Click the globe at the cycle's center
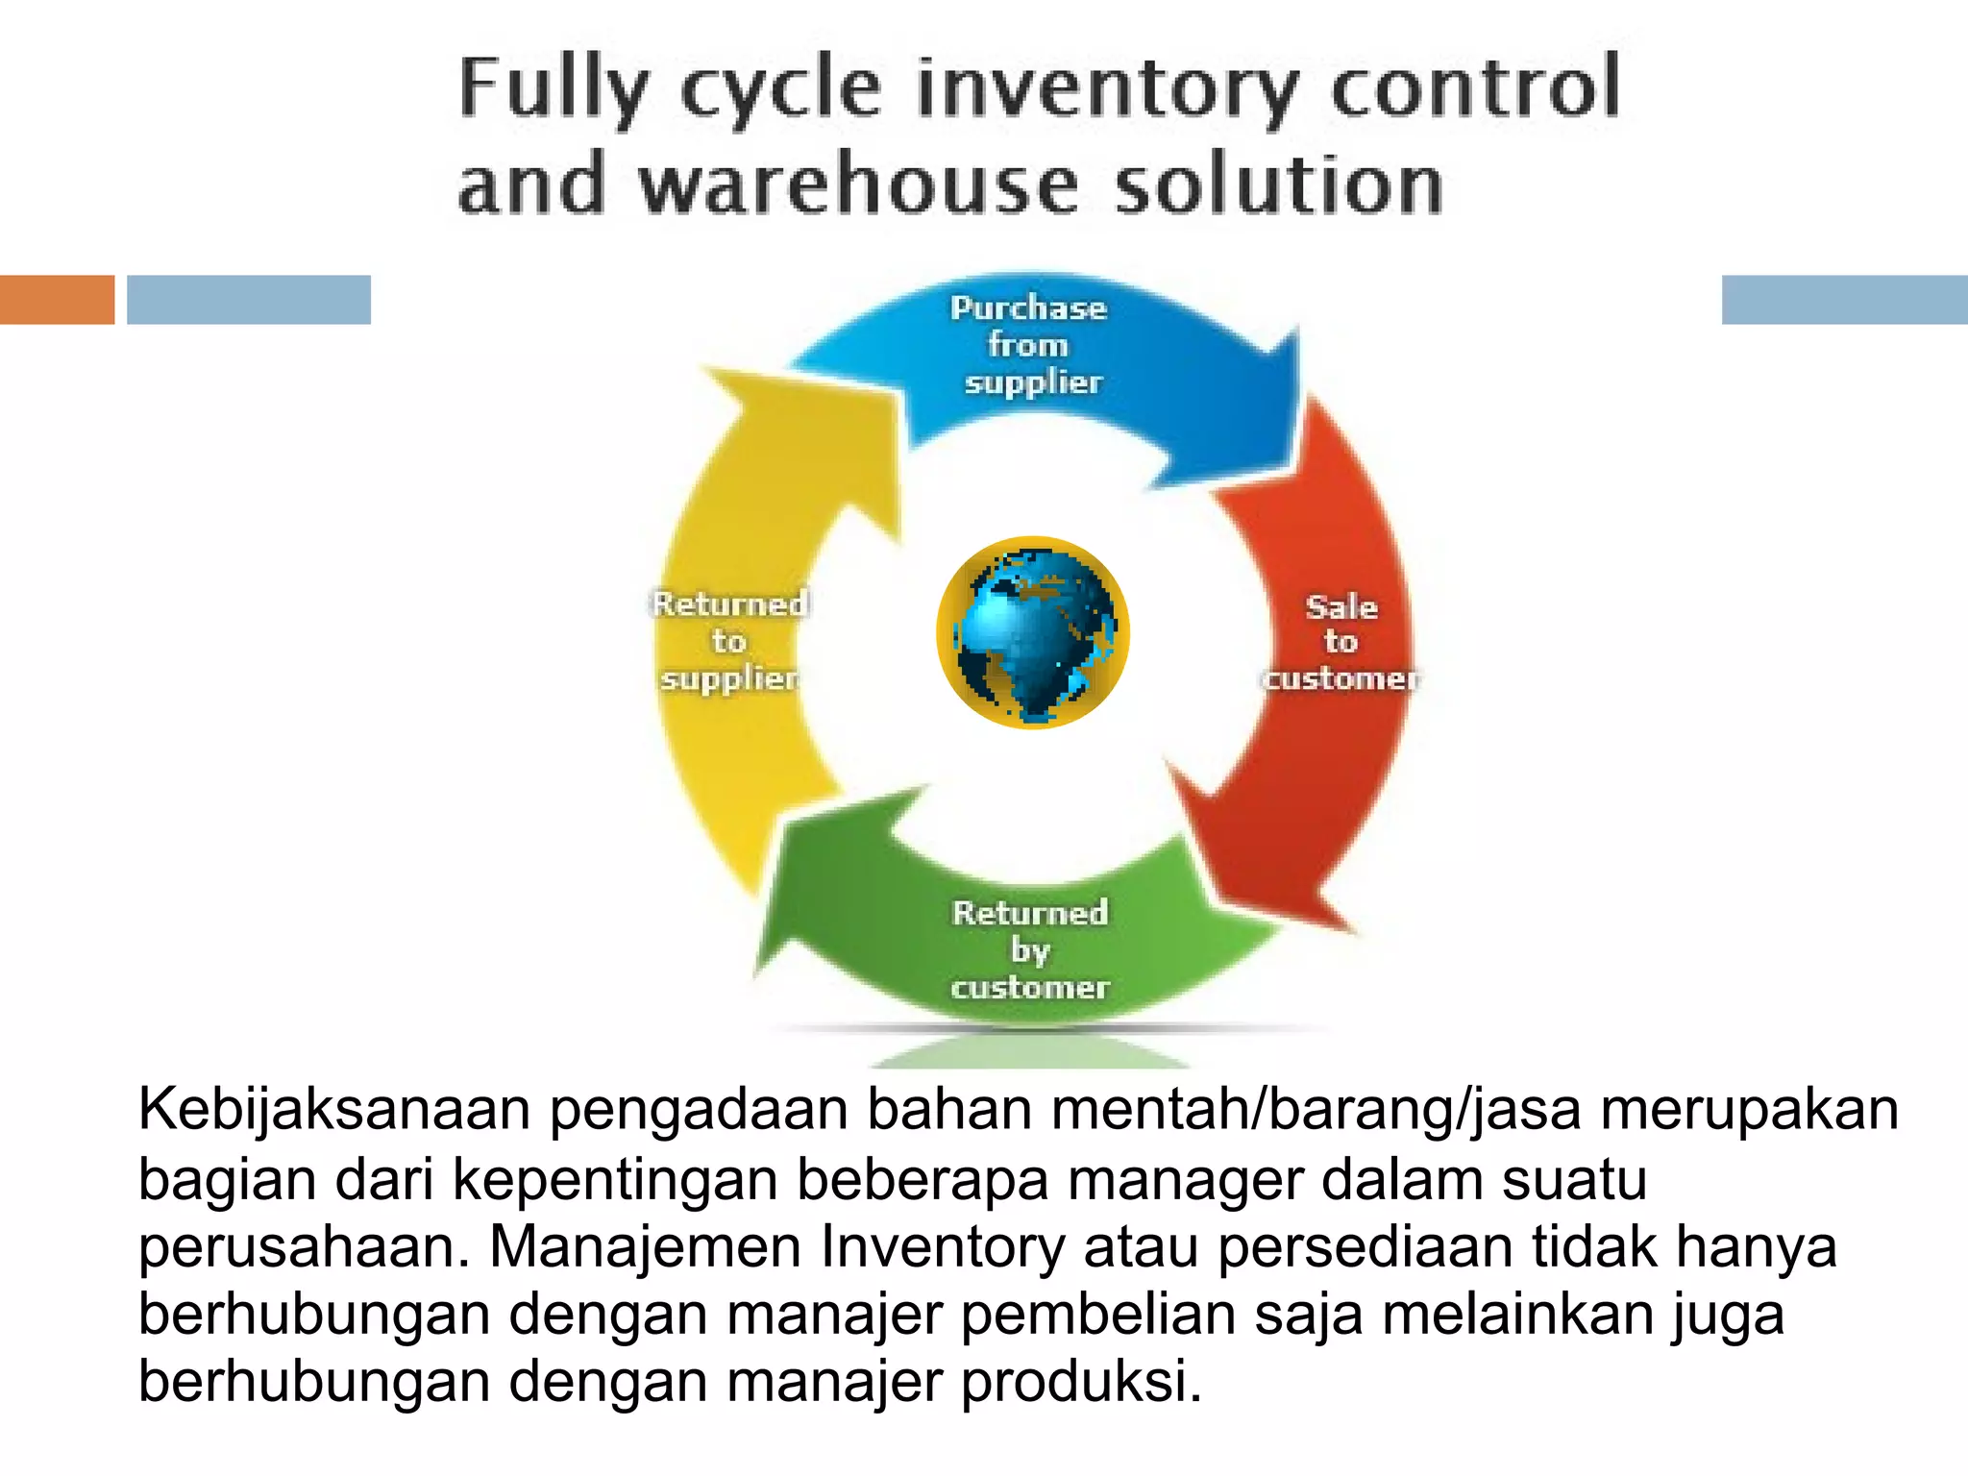pyautogui.click(x=1033, y=632)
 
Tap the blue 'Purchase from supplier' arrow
pyautogui.click(x=1134, y=384)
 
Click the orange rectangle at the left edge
pyautogui.click(x=57, y=300)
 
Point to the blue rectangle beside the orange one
pyautogui.click(x=249, y=300)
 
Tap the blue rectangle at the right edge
pyautogui.click(x=1844, y=300)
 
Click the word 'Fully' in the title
pyautogui.click(x=554, y=88)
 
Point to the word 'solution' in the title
pyautogui.click(x=1278, y=184)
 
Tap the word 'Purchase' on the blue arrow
pyautogui.click(x=1028, y=308)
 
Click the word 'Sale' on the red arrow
pyautogui.click(x=1341, y=607)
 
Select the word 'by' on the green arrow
pyautogui.click(x=1030, y=951)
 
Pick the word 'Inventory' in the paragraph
pyautogui.click(x=943, y=1247)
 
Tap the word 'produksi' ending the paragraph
pyautogui.click(x=1080, y=1383)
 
